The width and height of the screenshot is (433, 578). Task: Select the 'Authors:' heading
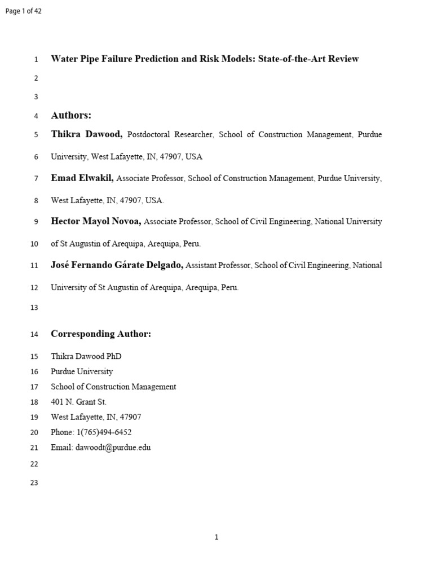click(71, 116)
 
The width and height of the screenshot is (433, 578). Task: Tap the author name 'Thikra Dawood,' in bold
click(87, 135)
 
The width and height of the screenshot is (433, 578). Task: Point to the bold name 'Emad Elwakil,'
click(82, 178)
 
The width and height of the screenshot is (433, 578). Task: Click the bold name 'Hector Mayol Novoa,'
click(96, 222)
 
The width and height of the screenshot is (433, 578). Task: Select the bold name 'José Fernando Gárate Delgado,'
click(117, 265)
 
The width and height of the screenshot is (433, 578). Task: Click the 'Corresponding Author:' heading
click(101, 334)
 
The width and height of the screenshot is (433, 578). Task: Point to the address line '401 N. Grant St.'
click(78, 402)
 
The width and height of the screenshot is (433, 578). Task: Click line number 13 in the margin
click(34, 308)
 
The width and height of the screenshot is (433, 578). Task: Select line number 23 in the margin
click(34, 483)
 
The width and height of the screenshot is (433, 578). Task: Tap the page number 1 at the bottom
click(216, 537)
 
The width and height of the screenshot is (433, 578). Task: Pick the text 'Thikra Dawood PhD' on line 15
click(86, 356)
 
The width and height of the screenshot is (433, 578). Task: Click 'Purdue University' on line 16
click(82, 371)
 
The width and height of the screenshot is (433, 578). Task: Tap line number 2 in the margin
click(36, 78)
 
